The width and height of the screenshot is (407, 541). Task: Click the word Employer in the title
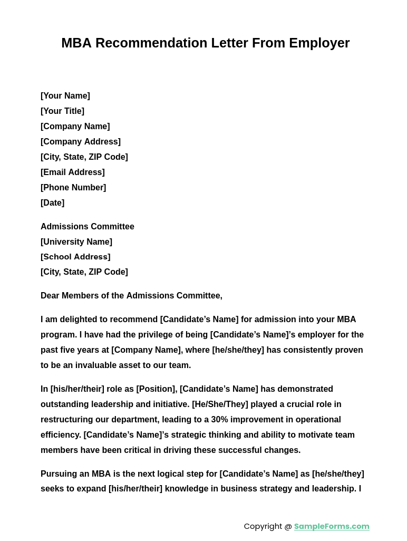(319, 43)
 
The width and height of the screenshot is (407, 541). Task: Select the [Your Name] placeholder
(65, 96)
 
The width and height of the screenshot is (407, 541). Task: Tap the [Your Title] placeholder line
(62, 111)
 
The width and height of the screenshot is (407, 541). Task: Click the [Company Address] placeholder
(81, 142)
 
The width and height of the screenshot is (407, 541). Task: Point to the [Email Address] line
(73, 172)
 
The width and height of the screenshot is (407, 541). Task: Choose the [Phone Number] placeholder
(73, 188)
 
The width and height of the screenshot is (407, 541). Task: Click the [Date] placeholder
(52, 203)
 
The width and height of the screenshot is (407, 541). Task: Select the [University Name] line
(76, 242)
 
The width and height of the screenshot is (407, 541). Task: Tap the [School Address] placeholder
(75, 257)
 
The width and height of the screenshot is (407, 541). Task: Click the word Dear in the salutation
(50, 296)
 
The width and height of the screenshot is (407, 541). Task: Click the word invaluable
(96, 365)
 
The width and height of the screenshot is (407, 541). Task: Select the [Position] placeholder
(156, 389)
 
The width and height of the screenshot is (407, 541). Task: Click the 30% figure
(220, 420)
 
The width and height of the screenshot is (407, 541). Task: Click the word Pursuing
(59, 474)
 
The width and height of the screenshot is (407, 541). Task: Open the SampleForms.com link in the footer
(332, 526)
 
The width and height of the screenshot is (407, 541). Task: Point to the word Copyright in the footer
(263, 526)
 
